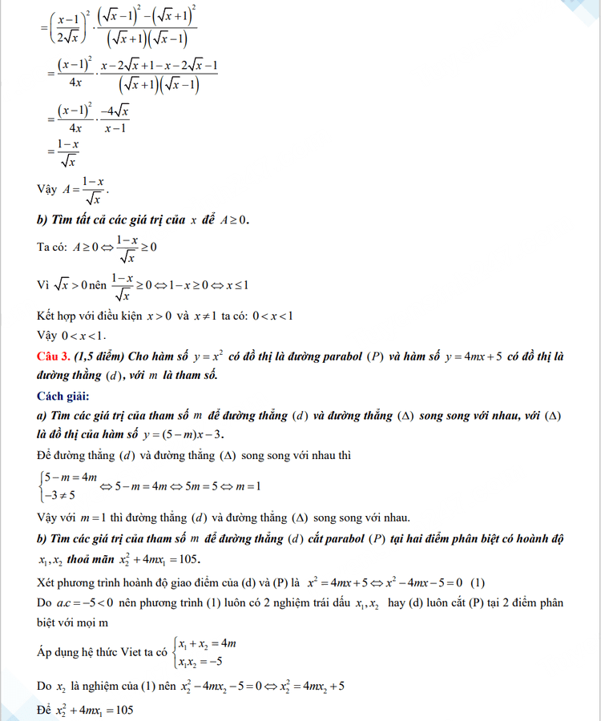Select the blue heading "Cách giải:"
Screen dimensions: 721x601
point(63,397)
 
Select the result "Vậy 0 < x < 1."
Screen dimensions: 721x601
point(71,336)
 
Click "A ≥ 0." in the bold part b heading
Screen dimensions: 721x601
point(233,220)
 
